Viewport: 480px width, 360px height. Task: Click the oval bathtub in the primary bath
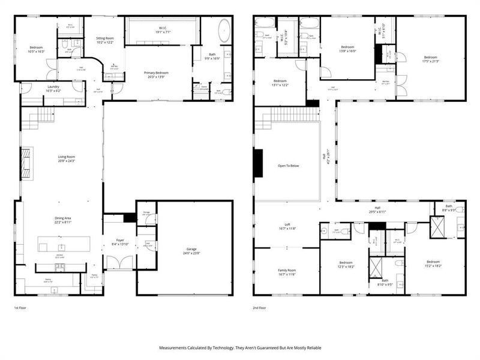click(224, 30)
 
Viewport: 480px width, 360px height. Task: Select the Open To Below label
click(288, 166)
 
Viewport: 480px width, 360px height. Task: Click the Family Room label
click(287, 272)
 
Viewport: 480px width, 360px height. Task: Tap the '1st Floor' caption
click(21, 307)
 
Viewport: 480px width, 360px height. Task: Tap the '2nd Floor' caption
click(260, 307)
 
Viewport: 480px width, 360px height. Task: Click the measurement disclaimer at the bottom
click(240, 347)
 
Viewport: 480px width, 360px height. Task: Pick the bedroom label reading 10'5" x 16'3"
click(36, 50)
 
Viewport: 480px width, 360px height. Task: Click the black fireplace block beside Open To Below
click(258, 163)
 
